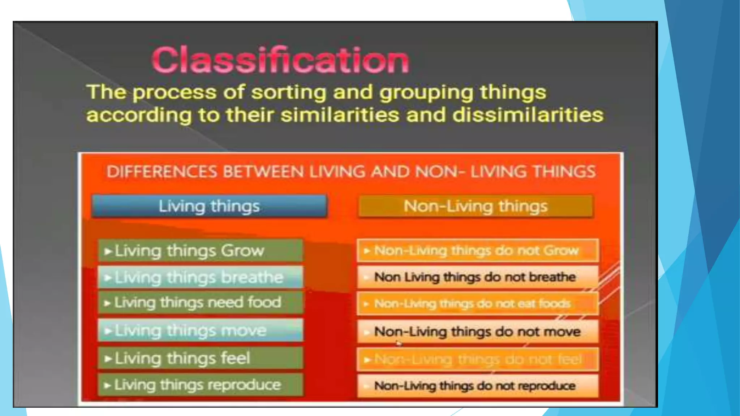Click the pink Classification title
(280, 60)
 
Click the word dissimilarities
(528, 115)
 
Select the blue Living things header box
(209, 206)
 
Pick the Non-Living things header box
(475, 206)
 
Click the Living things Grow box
(201, 251)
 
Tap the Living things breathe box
(201, 277)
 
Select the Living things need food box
(201, 303)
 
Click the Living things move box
(201, 330)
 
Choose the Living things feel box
(201, 358)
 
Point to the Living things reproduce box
(201, 385)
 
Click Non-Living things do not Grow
(477, 250)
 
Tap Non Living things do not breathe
(477, 277)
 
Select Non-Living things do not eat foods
(477, 304)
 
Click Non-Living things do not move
(477, 331)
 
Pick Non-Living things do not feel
(477, 359)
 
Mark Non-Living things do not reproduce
(477, 386)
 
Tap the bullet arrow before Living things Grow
(108, 251)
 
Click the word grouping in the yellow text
(426, 92)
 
